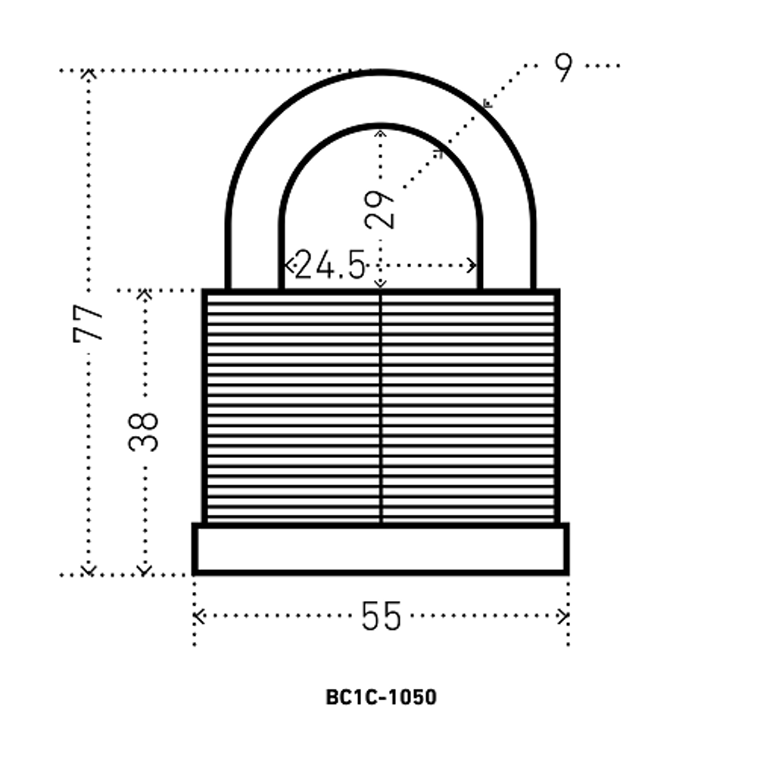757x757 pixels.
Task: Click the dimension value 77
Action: (88, 322)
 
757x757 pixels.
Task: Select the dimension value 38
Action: (143, 431)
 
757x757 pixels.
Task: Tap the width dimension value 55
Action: (381, 616)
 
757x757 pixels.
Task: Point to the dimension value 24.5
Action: (330, 264)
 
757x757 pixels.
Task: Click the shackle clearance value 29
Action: (379, 210)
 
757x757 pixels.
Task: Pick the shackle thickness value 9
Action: (563, 67)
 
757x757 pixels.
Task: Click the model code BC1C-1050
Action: (381, 697)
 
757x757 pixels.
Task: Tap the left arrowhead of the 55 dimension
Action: (198, 616)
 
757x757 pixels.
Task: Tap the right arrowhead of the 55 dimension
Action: (563, 616)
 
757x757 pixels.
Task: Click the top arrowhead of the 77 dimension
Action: (88, 73)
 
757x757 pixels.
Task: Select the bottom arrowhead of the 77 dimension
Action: (88, 571)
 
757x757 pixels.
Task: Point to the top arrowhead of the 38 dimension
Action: (145, 293)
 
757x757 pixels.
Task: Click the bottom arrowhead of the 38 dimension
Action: (145, 571)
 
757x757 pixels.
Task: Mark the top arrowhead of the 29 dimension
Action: (381, 132)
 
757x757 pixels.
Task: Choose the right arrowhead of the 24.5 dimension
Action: (472, 265)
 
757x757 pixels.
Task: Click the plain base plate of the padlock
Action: (381, 549)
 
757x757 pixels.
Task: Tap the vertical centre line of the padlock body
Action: (381, 408)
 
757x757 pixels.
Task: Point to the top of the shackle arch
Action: (381, 73)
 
